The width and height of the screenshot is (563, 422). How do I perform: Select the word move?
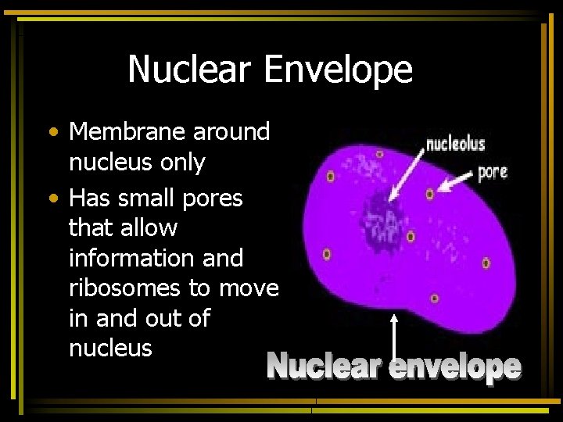(x=249, y=288)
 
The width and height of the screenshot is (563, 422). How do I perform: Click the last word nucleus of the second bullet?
(x=110, y=348)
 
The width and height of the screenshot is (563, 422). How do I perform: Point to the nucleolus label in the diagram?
(x=455, y=144)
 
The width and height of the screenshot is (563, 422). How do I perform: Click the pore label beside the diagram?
(x=492, y=170)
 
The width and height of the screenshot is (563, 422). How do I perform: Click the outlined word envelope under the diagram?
(x=455, y=367)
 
